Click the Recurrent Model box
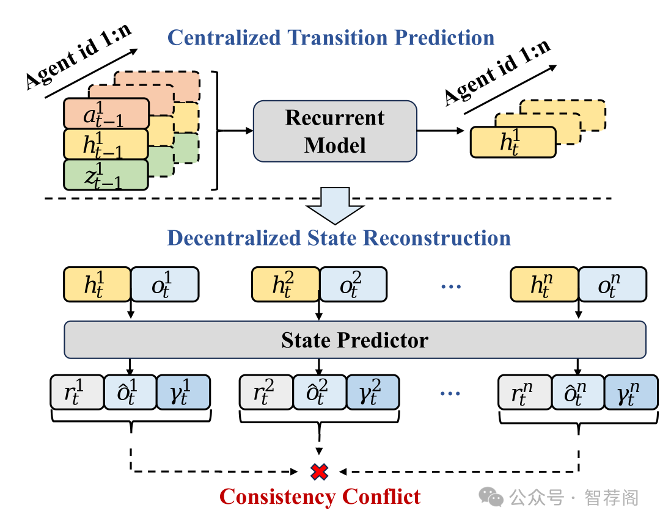335,131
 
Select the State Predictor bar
354,340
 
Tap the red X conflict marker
318,471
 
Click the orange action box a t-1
106,113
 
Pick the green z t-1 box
106,175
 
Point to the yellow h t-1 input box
106,144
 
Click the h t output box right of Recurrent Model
513,142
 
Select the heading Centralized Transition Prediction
331,38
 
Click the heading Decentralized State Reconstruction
339,238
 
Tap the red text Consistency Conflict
320,497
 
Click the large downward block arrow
334,206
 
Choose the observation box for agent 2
353,284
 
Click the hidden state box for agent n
544,284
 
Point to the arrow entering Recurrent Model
235,131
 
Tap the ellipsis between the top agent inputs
450,284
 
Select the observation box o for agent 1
164,284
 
